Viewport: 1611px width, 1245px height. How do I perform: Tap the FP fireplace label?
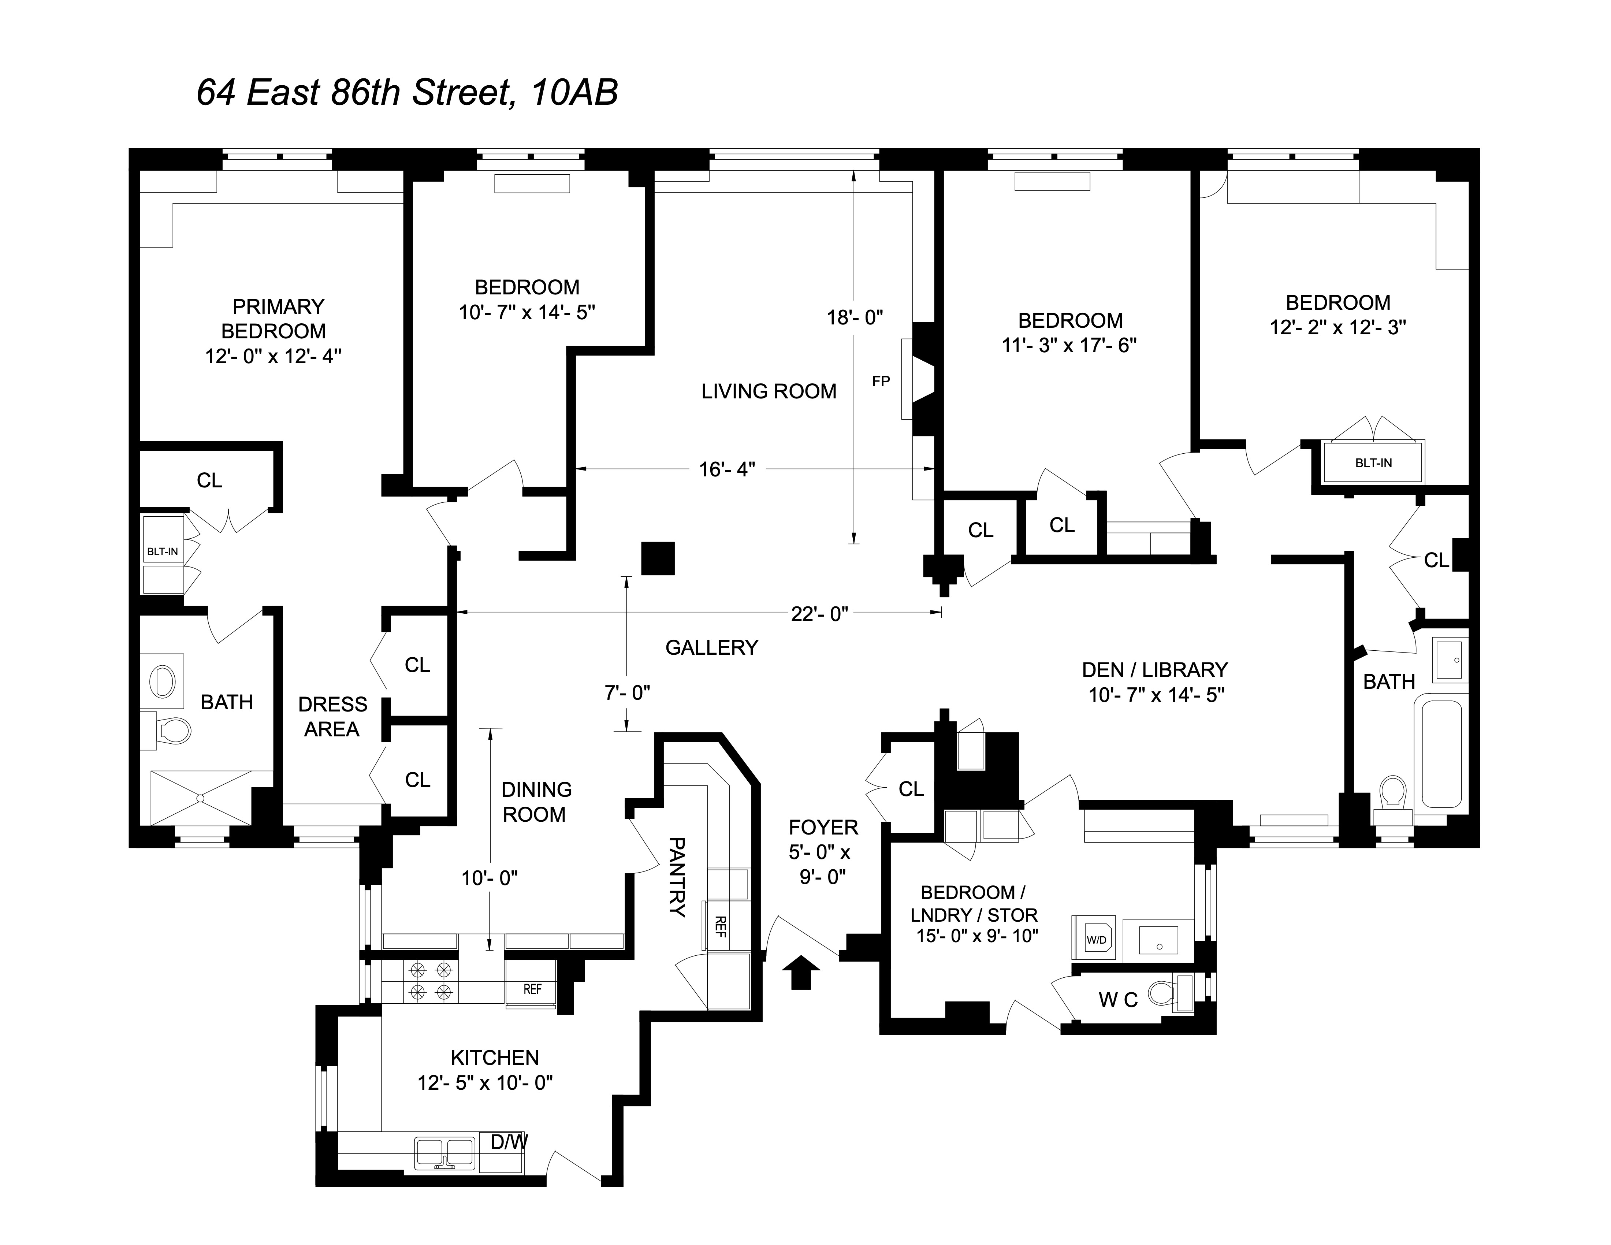[x=881, y=381]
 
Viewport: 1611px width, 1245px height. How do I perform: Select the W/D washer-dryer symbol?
[x=1096, y=939]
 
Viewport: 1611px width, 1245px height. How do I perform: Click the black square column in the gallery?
[x=658, y=558]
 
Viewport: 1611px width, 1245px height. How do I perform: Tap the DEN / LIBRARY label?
[x=1154, y=670]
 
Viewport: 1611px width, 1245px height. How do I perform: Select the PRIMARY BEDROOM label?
[x=274, y=319]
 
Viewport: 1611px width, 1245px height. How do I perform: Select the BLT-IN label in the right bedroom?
[x=1373, y=463]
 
